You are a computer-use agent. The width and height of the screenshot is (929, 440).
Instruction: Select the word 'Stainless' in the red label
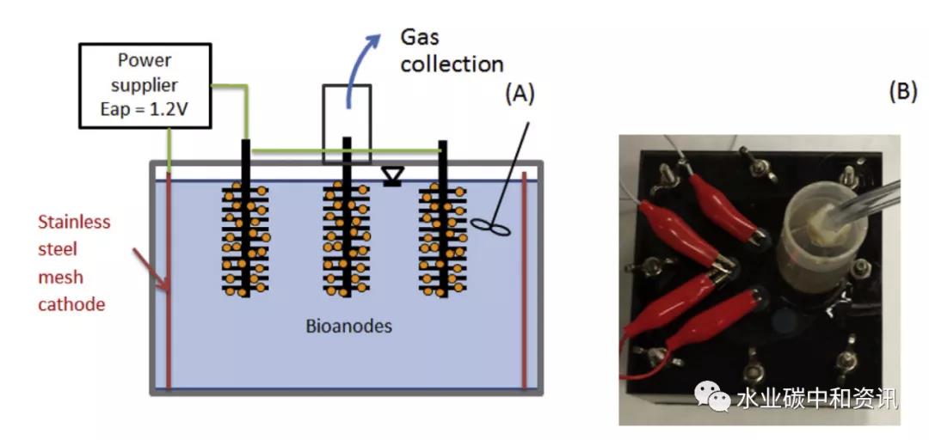pos(74,222)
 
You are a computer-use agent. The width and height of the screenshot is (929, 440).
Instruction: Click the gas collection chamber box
pos(347,124)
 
